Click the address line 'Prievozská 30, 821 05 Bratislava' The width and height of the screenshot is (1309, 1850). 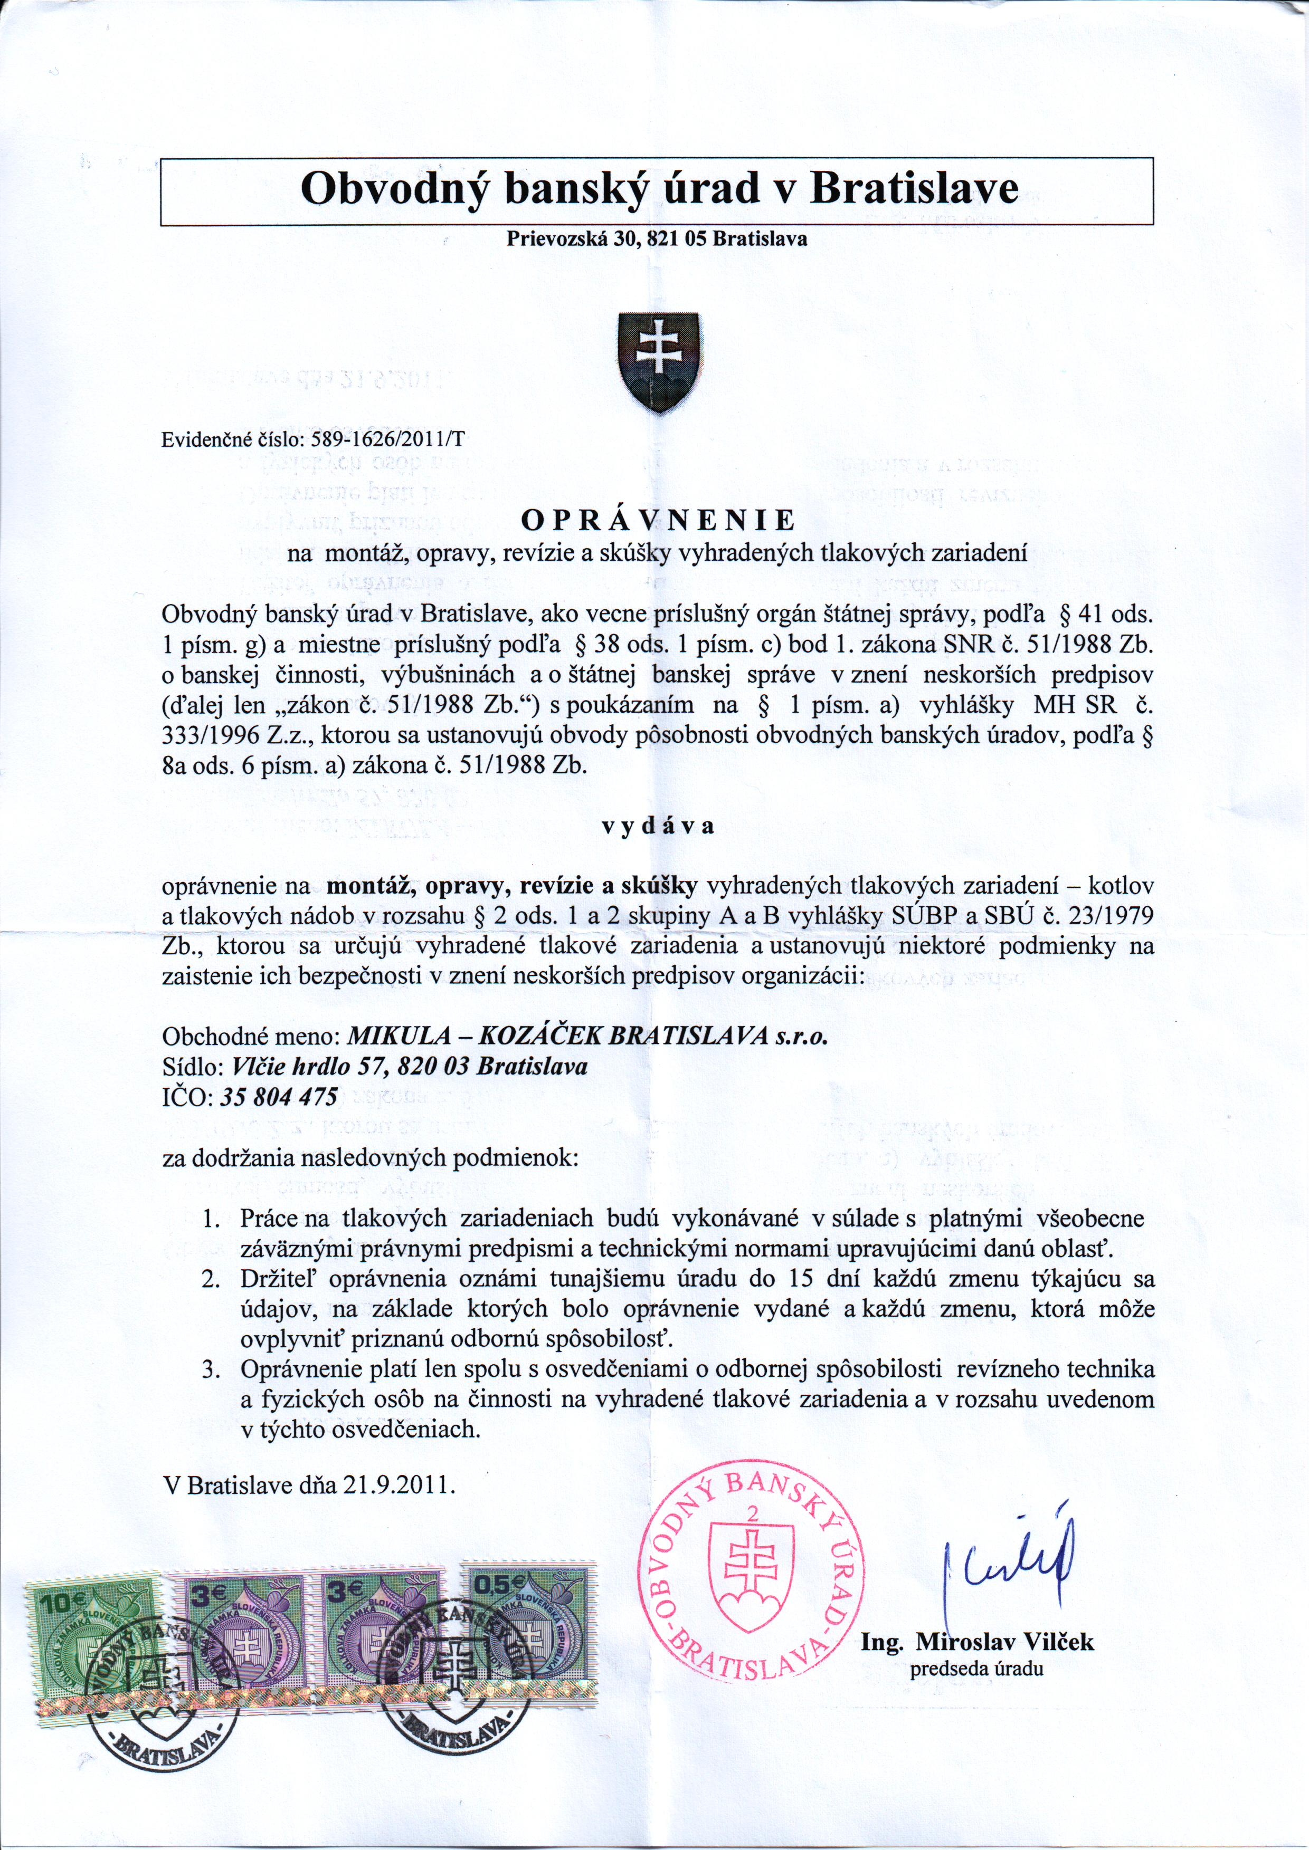click(657, 239)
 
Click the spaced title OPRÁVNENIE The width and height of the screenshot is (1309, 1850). click(658, 521)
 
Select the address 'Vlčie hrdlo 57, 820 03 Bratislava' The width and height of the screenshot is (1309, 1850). click(409, 1066)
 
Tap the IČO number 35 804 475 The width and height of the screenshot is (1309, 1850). click(276, 1097)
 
